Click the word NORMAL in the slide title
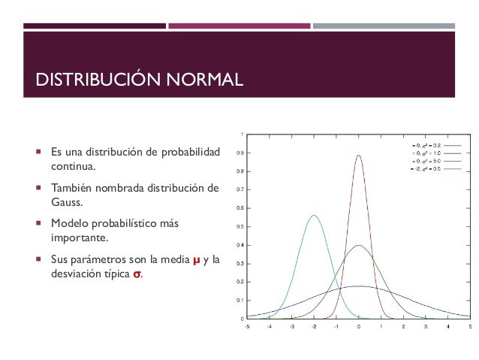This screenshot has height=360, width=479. click(201, 79)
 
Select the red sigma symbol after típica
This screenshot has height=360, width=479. click(136, 274)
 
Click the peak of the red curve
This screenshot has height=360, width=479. click(359, 156)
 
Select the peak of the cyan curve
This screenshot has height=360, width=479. click(314, 216)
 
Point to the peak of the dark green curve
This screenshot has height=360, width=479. click(359, 245)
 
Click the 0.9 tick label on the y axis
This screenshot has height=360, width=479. click(239, 153)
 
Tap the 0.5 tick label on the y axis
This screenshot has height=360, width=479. click(239, 226)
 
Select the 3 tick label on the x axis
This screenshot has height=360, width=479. click(426, 327)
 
